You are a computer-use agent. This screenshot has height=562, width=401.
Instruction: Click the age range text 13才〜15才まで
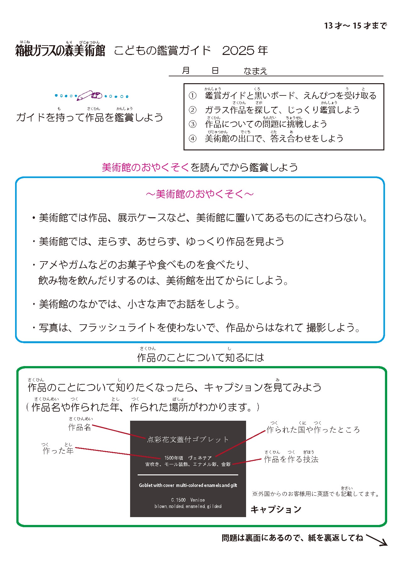point(355,26)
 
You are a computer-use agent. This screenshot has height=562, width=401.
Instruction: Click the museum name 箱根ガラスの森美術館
point(60,51)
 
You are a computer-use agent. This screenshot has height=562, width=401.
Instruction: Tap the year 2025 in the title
point(238,51)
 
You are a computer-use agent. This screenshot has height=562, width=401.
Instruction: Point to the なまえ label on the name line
point(255,71)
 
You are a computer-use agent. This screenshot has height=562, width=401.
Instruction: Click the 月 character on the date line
point(186,71)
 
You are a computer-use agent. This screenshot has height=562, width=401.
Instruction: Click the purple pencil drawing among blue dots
point(90,95)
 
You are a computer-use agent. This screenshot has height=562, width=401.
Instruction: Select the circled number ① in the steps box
point(192,95)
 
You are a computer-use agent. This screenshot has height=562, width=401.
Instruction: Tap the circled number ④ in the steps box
point(192,138)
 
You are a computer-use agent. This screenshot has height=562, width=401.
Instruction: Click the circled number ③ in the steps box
point(192,124)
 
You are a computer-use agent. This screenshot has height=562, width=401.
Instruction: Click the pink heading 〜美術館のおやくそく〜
point(200,194)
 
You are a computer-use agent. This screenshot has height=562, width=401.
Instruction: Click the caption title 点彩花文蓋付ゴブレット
point(188,440)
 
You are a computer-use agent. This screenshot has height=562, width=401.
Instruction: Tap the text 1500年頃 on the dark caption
point(173,458)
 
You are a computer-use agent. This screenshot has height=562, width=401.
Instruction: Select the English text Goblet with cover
point(157,485)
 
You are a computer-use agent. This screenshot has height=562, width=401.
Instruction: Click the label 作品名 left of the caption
point(80,427)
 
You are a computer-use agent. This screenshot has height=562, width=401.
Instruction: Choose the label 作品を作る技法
point(291,459)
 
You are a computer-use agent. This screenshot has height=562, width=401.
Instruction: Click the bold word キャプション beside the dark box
point(276,509)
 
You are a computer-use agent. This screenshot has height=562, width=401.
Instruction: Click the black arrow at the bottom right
point(377,540)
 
